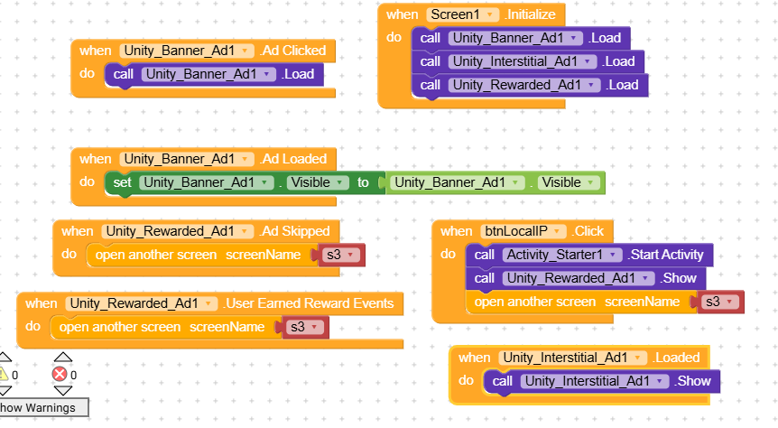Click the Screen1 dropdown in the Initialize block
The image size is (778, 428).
coord(462,14)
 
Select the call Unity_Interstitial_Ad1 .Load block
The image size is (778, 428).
coord(528,61)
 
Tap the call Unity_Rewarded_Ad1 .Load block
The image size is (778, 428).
coord(530,85)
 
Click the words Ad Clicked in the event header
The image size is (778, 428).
coord(294,51)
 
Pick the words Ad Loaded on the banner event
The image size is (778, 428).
coord(295,159)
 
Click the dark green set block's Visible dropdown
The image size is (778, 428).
coord(318,182)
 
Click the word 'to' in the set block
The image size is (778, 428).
coord(363,182)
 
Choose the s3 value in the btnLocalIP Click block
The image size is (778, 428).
coord(720,302)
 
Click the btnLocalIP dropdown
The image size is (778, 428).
coord(523,231)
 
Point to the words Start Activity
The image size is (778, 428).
coord(667,255)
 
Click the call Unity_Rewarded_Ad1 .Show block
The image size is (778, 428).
coord(586,278)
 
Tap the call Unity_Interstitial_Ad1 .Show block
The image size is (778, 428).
coord(601,381)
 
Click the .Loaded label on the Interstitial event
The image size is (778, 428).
coord(676,358)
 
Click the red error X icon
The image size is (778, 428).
coord(60,374)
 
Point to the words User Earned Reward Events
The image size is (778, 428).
coord(309,303)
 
